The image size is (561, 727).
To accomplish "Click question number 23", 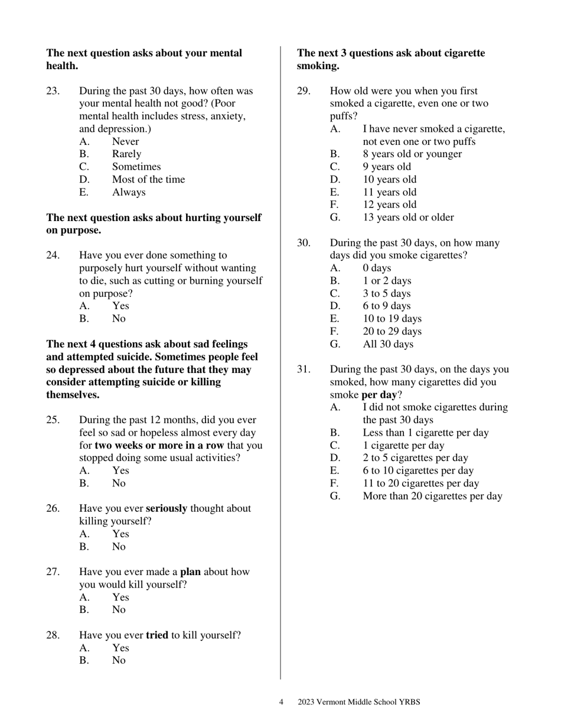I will pos(53,91).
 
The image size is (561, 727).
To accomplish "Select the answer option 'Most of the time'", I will pos(148,180).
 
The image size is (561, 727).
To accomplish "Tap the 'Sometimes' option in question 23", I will pos(136,167).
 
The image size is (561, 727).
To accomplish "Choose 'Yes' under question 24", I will pos(120,306).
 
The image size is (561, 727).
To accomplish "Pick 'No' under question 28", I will pos(119,661).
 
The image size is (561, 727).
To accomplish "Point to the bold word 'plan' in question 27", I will pos(190,572).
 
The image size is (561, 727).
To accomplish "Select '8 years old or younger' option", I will pos(412,154).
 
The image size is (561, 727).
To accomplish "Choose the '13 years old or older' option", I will pos(408,218).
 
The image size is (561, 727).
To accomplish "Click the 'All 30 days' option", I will pos(388,344).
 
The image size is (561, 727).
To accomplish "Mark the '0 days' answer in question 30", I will pos(377,268).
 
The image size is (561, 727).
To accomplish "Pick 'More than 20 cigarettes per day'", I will pos(432,496).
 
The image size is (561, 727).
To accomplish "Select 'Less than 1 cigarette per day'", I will pos(425,433).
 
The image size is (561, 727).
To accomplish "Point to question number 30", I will pos(304,243).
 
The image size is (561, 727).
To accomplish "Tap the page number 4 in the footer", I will pos(281,702).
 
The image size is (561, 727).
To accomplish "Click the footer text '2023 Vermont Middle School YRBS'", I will pos(358,702).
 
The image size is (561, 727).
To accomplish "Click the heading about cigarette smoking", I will pos(390,59).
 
